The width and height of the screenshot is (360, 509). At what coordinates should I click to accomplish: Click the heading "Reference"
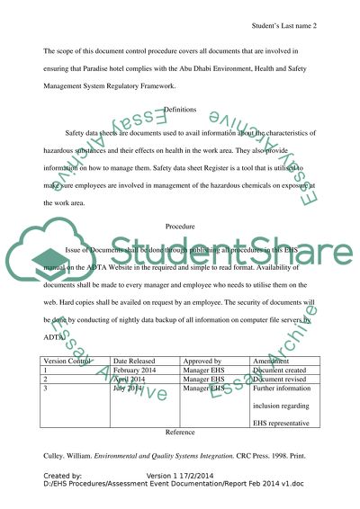(181, 431)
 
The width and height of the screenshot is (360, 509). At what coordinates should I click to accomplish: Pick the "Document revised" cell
(283, 380)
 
